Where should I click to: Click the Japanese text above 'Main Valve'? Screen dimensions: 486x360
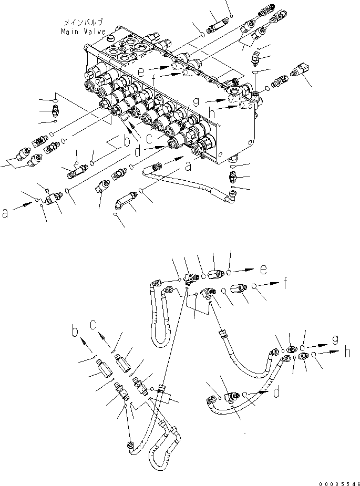tap(83, 23)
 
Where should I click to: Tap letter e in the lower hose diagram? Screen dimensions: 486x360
tap(263, 270)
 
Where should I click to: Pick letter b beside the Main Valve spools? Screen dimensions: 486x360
tap(126, 142)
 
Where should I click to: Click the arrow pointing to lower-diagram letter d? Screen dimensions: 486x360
tap(257, 394)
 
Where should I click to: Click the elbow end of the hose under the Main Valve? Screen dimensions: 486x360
tap(231, 197)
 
